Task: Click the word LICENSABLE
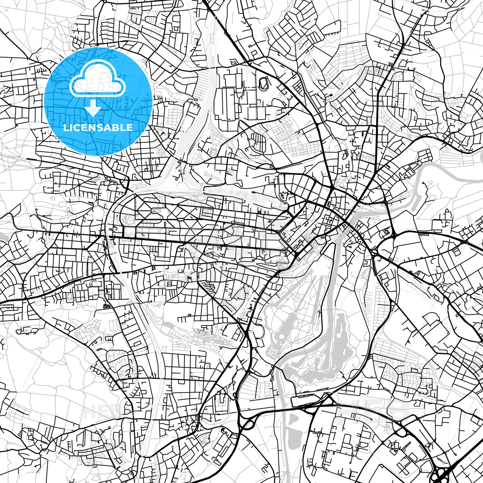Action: [98, 127]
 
